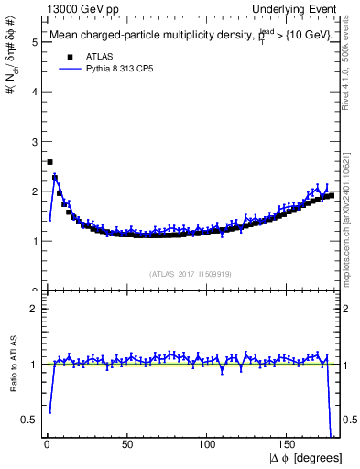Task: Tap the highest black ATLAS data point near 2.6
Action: [x=49, y=162]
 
